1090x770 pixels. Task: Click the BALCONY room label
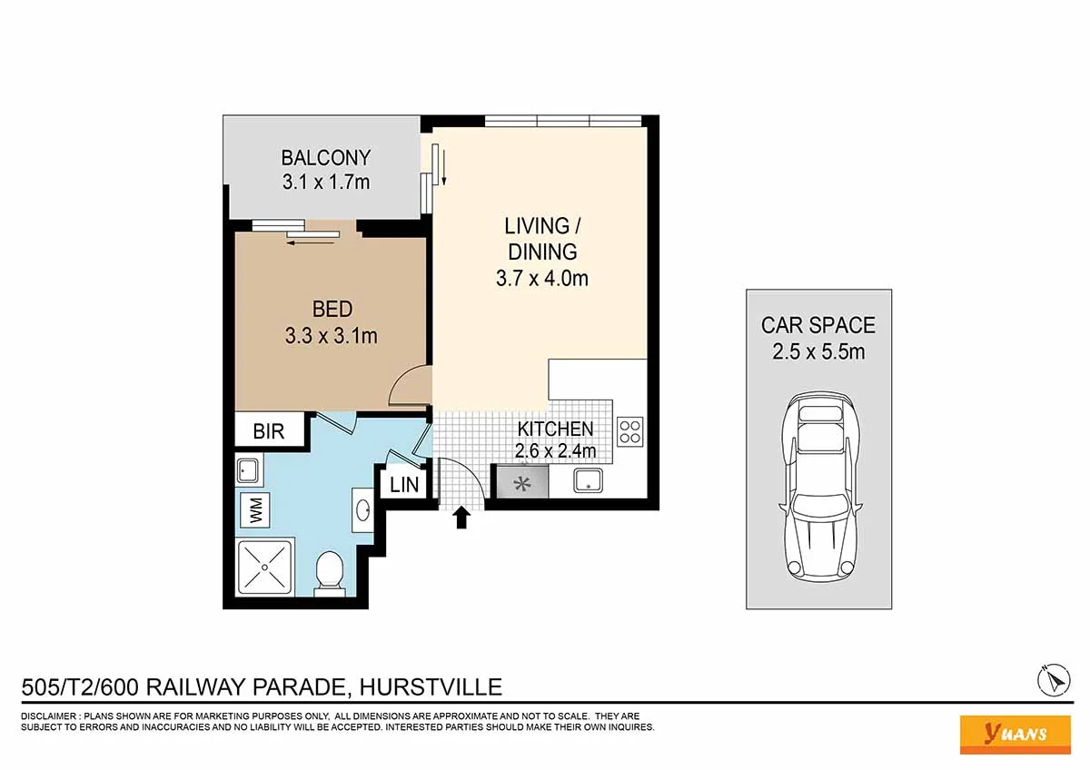tap(326, 158)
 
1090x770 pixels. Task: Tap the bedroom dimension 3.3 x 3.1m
tap(332, 336)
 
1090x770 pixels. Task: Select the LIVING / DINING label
tap(542, 239)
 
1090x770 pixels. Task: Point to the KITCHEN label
tap(555, 429)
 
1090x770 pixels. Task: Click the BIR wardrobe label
tap(269, 431)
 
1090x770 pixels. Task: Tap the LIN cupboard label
tap(404, 485)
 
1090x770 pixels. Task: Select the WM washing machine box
tap(255, 509)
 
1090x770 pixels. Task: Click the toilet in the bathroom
tap(330, 574)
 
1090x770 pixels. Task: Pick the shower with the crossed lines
tap(264, 567)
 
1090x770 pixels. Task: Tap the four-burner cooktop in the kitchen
tap(630, 432)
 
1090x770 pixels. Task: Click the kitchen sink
tap(589, 480)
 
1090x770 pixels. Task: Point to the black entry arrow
tap(461, 517)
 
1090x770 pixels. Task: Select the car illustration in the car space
tap(819, 487)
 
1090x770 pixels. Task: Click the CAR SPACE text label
tap(818, 325)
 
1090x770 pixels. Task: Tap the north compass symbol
tap(1054, 680)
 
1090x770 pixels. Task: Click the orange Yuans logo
tap(1016, 735)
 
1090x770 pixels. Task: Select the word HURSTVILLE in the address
tap(431, 687)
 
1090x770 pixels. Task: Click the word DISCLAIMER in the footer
tap(48, 716)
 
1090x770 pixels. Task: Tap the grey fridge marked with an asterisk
tap(522, 481)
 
